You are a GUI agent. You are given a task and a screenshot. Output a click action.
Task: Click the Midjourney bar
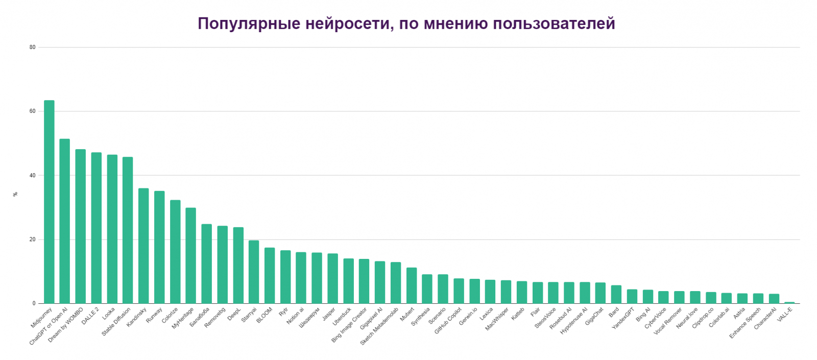tap(49, 202)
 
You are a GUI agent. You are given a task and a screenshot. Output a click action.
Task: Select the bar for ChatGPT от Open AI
tap(65, 221)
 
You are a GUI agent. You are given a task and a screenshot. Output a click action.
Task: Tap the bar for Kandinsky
tap(143, 246)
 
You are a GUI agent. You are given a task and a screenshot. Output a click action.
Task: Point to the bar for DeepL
tap(238, 265)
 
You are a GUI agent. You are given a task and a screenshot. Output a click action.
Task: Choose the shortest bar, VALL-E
tap(789, 303)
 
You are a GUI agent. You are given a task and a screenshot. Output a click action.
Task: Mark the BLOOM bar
tap(270, 275)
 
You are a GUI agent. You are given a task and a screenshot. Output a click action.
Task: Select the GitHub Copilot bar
tap(459, 291)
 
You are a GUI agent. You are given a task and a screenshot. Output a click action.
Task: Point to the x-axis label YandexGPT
tap(623, 318)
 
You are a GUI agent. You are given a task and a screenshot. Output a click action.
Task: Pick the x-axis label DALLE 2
tap(91, 316)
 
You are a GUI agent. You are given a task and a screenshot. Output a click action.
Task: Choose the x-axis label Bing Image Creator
tap(349, 325)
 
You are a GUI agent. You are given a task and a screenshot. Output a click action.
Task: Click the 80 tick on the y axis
tap(33, 47)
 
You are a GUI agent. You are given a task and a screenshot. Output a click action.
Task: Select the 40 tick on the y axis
tap(33, 176)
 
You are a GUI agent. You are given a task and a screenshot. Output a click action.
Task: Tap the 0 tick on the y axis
tap(34, 304)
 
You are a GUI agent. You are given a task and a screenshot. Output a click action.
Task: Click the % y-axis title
tap(15, 194)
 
